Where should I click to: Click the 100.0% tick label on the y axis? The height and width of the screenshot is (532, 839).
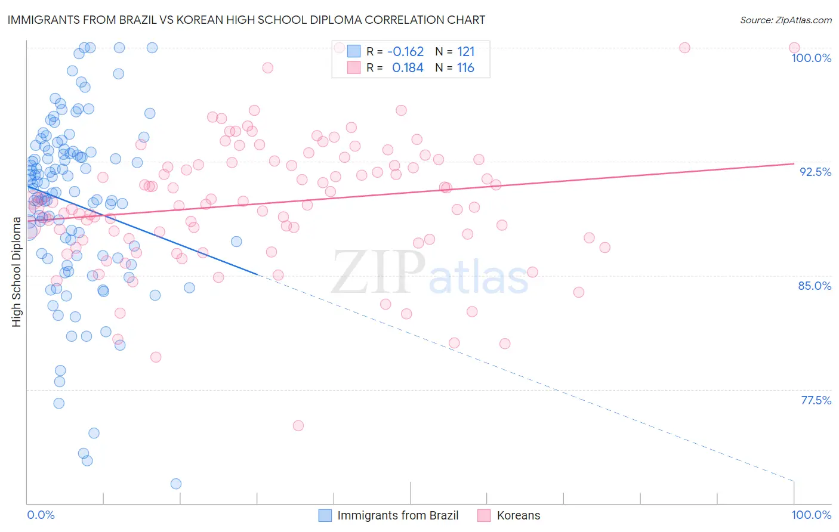811,58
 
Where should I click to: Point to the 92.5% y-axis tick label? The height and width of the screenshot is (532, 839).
815,172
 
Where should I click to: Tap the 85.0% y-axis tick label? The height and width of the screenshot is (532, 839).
815,286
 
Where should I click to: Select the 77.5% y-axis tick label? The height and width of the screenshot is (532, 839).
816,400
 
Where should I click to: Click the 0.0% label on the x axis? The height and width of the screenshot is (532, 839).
41,515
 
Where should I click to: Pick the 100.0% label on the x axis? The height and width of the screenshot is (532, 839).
811,515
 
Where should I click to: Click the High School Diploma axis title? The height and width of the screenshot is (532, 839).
17,272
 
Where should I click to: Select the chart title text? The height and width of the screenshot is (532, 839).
246,20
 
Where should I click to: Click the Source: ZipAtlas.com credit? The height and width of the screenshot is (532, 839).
785,20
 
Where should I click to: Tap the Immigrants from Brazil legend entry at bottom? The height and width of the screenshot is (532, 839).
398,515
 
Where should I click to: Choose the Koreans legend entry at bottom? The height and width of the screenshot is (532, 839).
518,515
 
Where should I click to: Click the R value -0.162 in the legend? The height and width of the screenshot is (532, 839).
405,51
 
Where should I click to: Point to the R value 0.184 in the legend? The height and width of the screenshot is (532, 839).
408,68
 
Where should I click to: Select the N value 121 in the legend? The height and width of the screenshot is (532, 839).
465,51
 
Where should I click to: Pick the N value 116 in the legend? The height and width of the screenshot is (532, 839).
465,68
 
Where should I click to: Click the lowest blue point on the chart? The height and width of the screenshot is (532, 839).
176,484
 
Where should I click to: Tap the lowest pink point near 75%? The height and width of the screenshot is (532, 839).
298,425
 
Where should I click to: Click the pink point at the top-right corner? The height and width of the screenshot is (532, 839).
794,48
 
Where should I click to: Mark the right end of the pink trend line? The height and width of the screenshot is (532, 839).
794,163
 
